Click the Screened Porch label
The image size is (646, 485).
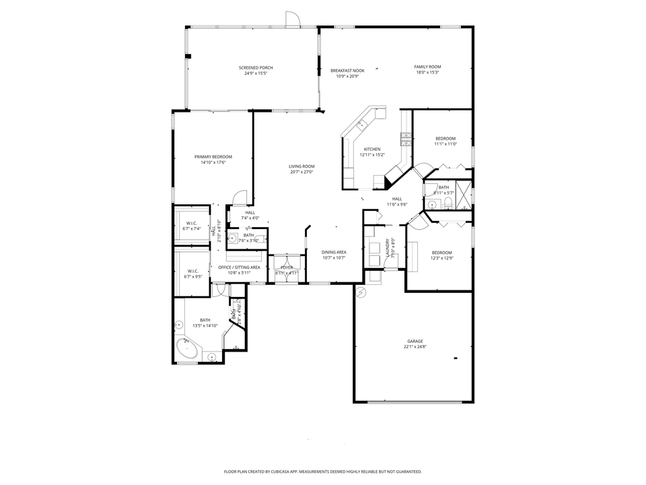(x=256, y=68)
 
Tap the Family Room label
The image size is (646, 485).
(x=427, y=67)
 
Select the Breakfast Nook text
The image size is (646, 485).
(x=347, y=71)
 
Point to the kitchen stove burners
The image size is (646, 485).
(x=406, y=139)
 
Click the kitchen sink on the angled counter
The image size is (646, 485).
(x=362, y=124)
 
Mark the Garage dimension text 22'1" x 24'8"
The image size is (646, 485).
(x=415, y=347)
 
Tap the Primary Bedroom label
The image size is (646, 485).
(x=213, y=157)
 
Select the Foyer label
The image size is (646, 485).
(x=287, y=267)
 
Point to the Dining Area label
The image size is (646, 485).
(x=334, y=253)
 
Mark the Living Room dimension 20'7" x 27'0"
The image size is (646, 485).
(x=302, y=172)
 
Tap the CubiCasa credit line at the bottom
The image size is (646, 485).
(x=323, y=472)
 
